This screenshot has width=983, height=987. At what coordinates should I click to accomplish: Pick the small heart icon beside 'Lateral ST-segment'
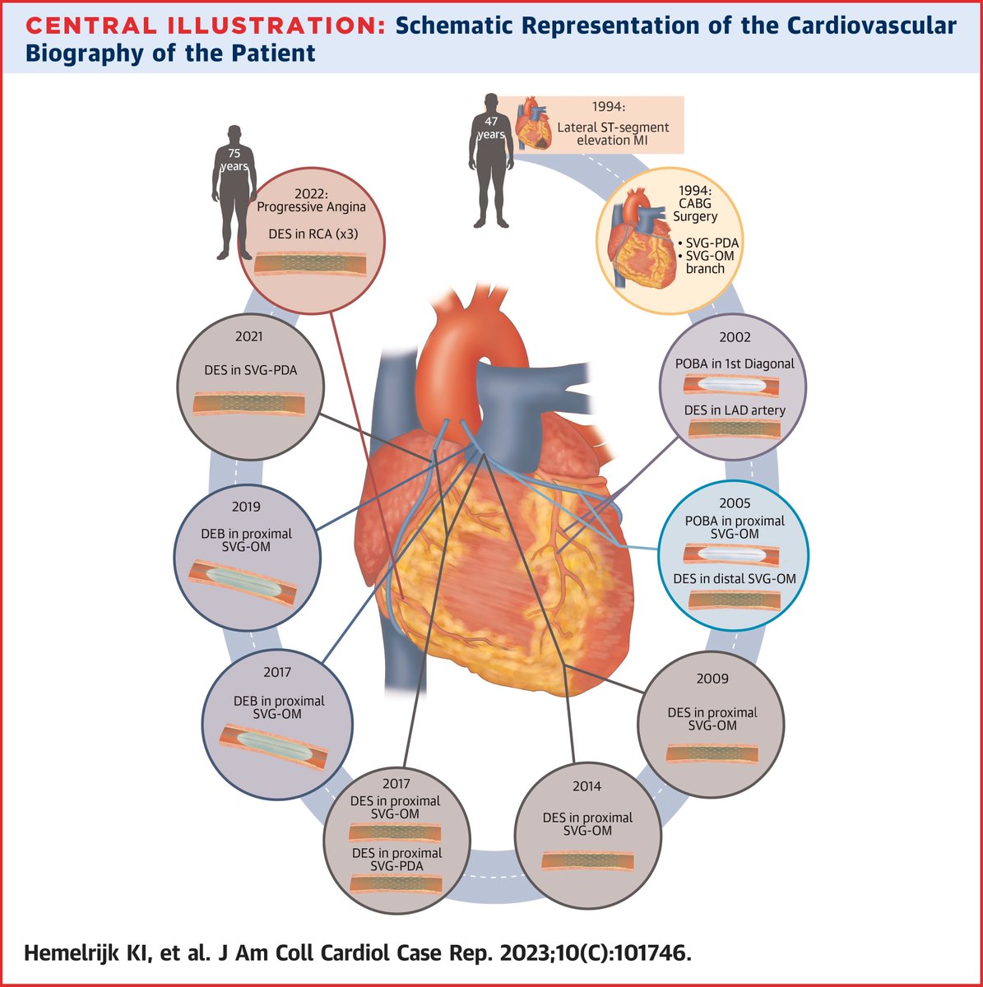point(536,124)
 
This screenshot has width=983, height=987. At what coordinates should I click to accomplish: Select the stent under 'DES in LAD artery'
point(734,429)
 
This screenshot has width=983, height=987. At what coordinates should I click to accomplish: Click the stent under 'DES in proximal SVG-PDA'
point(396,883)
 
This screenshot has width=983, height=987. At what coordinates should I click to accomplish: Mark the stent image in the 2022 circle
point(305,263)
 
